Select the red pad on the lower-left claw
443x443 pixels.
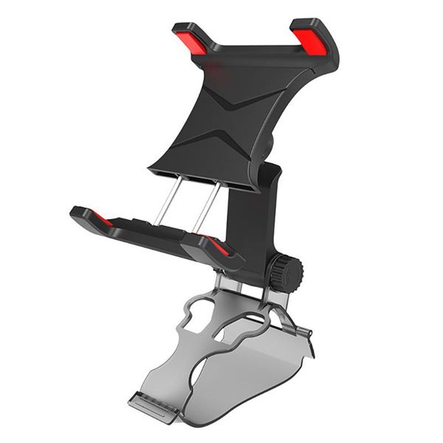[x=102, y=219]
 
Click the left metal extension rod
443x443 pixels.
[x=169, y=200]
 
